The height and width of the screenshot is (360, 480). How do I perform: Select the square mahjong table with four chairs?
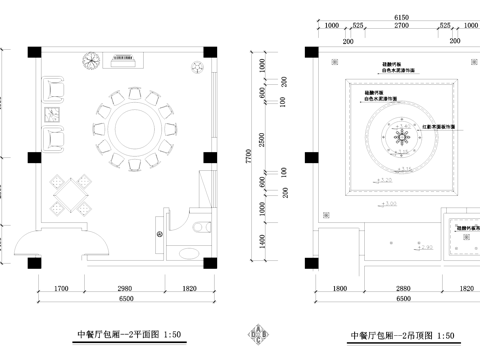[x=67, y=191]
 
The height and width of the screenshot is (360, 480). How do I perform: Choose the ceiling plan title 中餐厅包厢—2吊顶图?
[x=397, y=336]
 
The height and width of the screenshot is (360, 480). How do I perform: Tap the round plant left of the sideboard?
[x=89, y=60]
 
